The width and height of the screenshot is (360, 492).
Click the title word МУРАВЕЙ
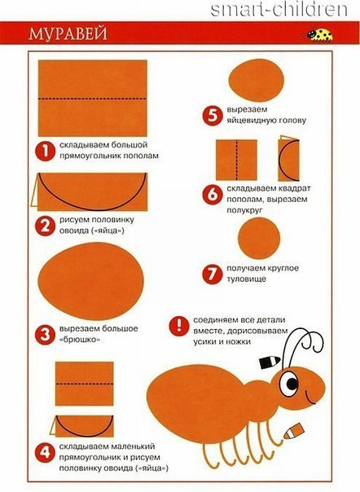point(68,33)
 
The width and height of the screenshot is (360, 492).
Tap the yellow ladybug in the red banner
point(320,34)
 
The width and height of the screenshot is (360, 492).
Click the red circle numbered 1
point(45,152)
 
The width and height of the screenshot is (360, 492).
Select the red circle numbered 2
point(45,226)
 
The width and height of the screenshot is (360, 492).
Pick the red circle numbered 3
point(45,335)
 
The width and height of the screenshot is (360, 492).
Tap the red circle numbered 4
point(45,452)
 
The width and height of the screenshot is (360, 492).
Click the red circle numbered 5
point(213,116)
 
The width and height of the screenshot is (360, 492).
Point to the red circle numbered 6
point(213,195)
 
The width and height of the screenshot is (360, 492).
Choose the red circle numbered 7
point(213,274)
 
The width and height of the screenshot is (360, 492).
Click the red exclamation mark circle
point(179,326)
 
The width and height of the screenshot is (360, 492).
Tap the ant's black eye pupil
point(292,384)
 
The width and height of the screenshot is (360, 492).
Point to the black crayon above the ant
point(270,362)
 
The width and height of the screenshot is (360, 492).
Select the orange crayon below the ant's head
point(294,431)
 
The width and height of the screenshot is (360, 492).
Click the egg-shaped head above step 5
point(257,80)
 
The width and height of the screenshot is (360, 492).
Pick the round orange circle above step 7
point(259,238)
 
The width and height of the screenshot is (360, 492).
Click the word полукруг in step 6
point(244,210)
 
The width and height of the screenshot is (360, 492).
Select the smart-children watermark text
point(279,10)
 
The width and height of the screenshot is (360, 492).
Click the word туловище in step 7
point(247,279)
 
